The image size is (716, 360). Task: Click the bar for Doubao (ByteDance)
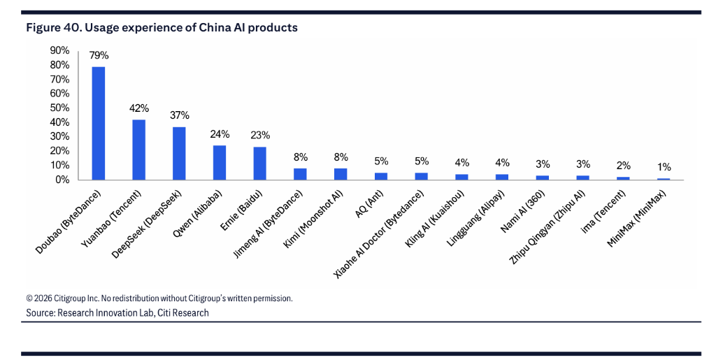99,123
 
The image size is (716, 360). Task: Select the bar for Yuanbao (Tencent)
139,150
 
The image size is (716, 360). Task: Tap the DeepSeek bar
179,153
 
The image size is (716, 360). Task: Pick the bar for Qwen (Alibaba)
220,162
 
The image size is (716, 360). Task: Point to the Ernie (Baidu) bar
259,163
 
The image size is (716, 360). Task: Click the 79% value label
99,55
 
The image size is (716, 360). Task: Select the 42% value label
139,108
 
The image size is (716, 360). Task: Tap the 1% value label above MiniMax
664,167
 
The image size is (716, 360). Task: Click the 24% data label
220,134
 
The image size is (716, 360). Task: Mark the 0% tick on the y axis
62,180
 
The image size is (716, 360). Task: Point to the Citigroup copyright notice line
159,298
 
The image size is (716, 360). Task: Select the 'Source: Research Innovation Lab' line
117,312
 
